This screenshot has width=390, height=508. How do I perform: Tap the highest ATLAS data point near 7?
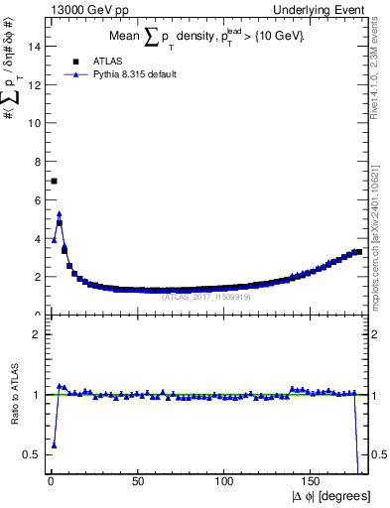(54, 181)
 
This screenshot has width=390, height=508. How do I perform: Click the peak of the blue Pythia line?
(60, 212)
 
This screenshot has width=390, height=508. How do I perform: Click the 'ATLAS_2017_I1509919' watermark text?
(210, 295)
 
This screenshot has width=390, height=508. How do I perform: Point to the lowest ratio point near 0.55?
(54, 445)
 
